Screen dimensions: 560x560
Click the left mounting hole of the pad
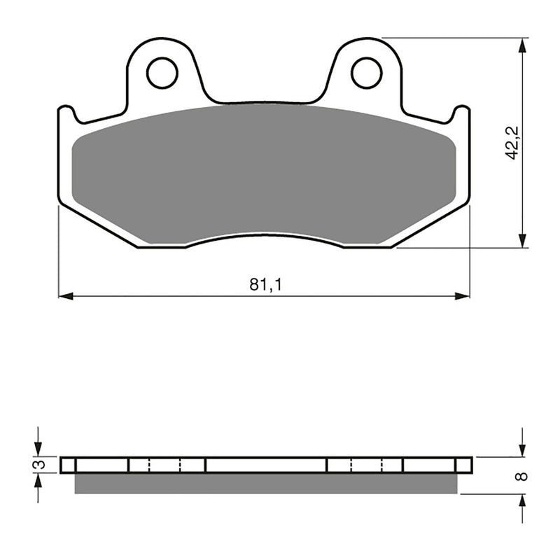(x=162, y=73)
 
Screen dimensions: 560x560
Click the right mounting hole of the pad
(x=366, y=73)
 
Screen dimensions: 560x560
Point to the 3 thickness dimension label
(x=41, y=465)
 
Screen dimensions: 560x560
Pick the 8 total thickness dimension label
(x=519, y=477)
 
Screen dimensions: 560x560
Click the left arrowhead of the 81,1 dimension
(x=64, y=296)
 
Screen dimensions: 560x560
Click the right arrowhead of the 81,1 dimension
(x=463, y=296)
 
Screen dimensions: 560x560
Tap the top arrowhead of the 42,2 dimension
(x=522, y=44)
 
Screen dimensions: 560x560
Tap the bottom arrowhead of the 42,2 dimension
(x=522, y=241)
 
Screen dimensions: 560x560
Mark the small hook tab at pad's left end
(x=66, y=112)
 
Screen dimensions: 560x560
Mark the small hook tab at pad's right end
(x=461, y=112)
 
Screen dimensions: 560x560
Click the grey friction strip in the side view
(x=266, y=483)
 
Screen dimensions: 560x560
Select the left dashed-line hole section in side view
(x=166, y=465)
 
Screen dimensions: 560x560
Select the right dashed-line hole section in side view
(x=365, y=465)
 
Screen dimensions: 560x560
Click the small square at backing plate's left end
(x=67, y=465)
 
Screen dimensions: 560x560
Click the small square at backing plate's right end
(x=463, y=465)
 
